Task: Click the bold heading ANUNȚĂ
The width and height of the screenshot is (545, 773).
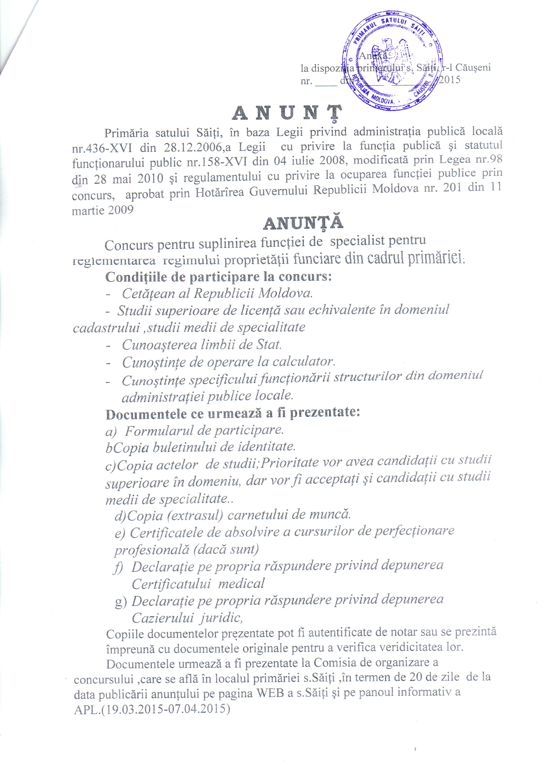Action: [303, 223]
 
